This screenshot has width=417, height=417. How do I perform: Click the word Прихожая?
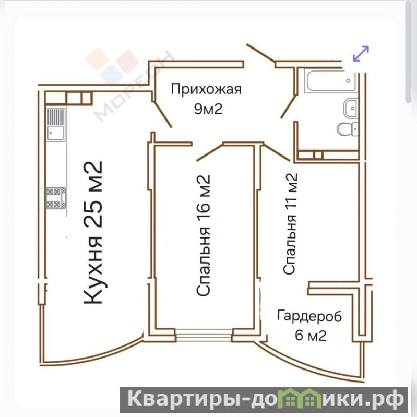(x=206, y=90)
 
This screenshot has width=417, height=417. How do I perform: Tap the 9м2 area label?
(x=208, y=109)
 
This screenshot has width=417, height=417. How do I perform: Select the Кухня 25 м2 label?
(x=93, y=232)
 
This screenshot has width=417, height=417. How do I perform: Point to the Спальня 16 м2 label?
(x=204, y=235)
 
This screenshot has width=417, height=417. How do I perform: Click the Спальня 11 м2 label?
(x=290, y=224)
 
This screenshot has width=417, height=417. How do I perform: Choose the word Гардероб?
(x=309, y=316)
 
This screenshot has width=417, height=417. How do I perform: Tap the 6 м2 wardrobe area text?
(x=311, y=336)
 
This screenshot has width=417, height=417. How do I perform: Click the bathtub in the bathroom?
(x=330, y=81)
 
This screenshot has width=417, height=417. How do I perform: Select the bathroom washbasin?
(x=351, y=108)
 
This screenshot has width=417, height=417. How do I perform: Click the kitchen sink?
(x=55, y=124)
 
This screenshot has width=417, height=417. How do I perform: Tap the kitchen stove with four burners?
(x=56, y=198)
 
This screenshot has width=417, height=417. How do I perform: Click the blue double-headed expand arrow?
(x=361, y=54)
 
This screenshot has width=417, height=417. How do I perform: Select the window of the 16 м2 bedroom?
(x=204, y=335)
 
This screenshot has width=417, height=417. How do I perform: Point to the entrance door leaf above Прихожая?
(x=260, y=54)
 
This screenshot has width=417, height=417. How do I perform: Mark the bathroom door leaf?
(x=289, y=107)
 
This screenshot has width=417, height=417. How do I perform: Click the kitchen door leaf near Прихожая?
(x=163, y=115)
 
